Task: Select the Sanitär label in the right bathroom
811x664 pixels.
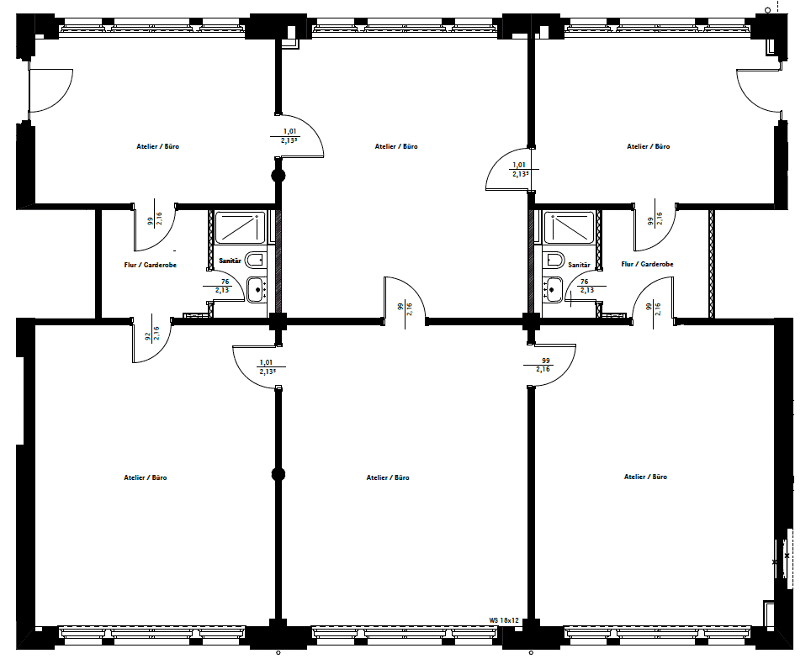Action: pos(579,265)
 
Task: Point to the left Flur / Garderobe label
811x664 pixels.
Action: pos(150,265)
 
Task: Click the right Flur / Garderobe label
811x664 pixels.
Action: pos(647,264)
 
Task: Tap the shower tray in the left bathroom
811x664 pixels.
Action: pos(241,227)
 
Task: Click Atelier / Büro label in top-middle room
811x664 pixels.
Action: pos(396,146)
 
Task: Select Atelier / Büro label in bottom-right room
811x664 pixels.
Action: pos(645,477)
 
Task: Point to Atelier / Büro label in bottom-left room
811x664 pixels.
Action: pos(146,477)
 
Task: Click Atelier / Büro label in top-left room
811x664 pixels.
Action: pos(157,146)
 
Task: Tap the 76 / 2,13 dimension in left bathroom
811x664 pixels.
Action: pos(224,286)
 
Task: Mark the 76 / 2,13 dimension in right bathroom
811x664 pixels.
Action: pos(585,286)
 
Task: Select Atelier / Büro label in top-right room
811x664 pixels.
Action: pos(648,146)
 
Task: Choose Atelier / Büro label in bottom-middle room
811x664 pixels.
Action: pos(388,477)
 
